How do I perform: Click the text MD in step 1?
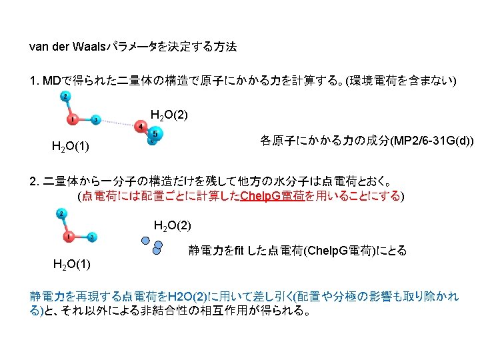[x=51, y=81]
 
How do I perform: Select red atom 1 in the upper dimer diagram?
[x=73, y=119]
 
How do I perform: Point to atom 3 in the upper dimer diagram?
[x=95, y=120]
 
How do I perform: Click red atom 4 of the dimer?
[x=141, y=127]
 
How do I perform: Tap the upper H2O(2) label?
[x=169, y=115]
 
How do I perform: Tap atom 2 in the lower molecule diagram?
[x=61, y=214]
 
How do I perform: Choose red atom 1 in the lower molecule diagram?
[x=69, y=236]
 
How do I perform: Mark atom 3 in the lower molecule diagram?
[x=91, y=237]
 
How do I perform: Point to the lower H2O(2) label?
[x=172, y=225]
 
